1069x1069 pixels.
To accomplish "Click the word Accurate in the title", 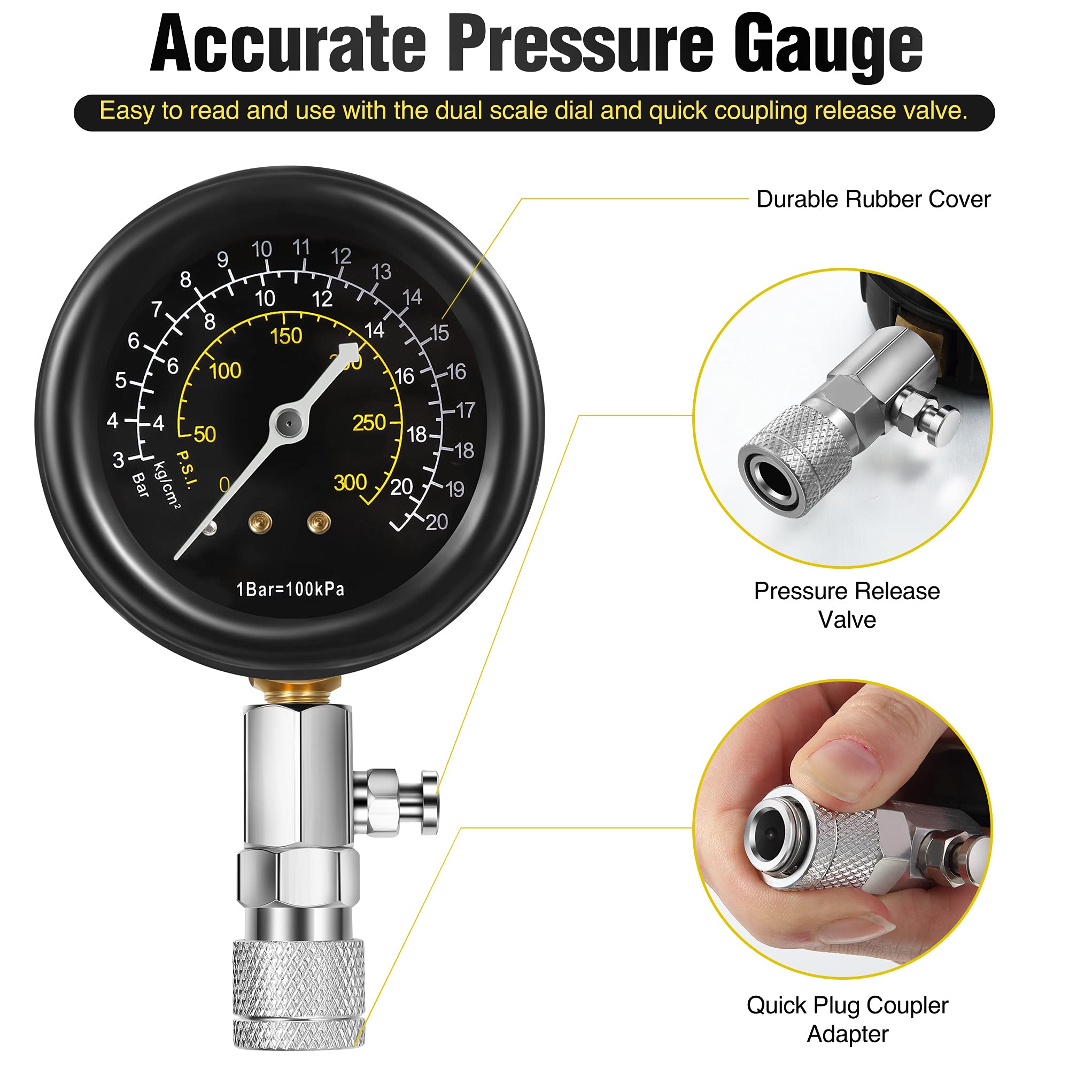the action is tap(288, 43).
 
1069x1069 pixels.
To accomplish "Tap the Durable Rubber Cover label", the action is tap(873, 199).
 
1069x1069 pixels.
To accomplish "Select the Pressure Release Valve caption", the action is tap(847, 606).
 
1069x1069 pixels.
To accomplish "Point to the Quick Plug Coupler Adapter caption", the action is tap(847, 1019).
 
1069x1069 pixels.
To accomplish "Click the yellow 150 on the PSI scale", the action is tap(286, 336).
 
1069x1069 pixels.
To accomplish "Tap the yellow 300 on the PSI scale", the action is tap(350, 483).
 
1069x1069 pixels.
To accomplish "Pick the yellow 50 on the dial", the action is tap(205, 435).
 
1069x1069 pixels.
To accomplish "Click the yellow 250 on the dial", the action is tap(369, 423).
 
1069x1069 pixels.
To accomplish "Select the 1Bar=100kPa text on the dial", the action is tap(290, 589).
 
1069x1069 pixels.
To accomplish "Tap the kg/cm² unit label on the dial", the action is tap(167, 485).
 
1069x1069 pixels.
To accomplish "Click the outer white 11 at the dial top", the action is tap(301, 247).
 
